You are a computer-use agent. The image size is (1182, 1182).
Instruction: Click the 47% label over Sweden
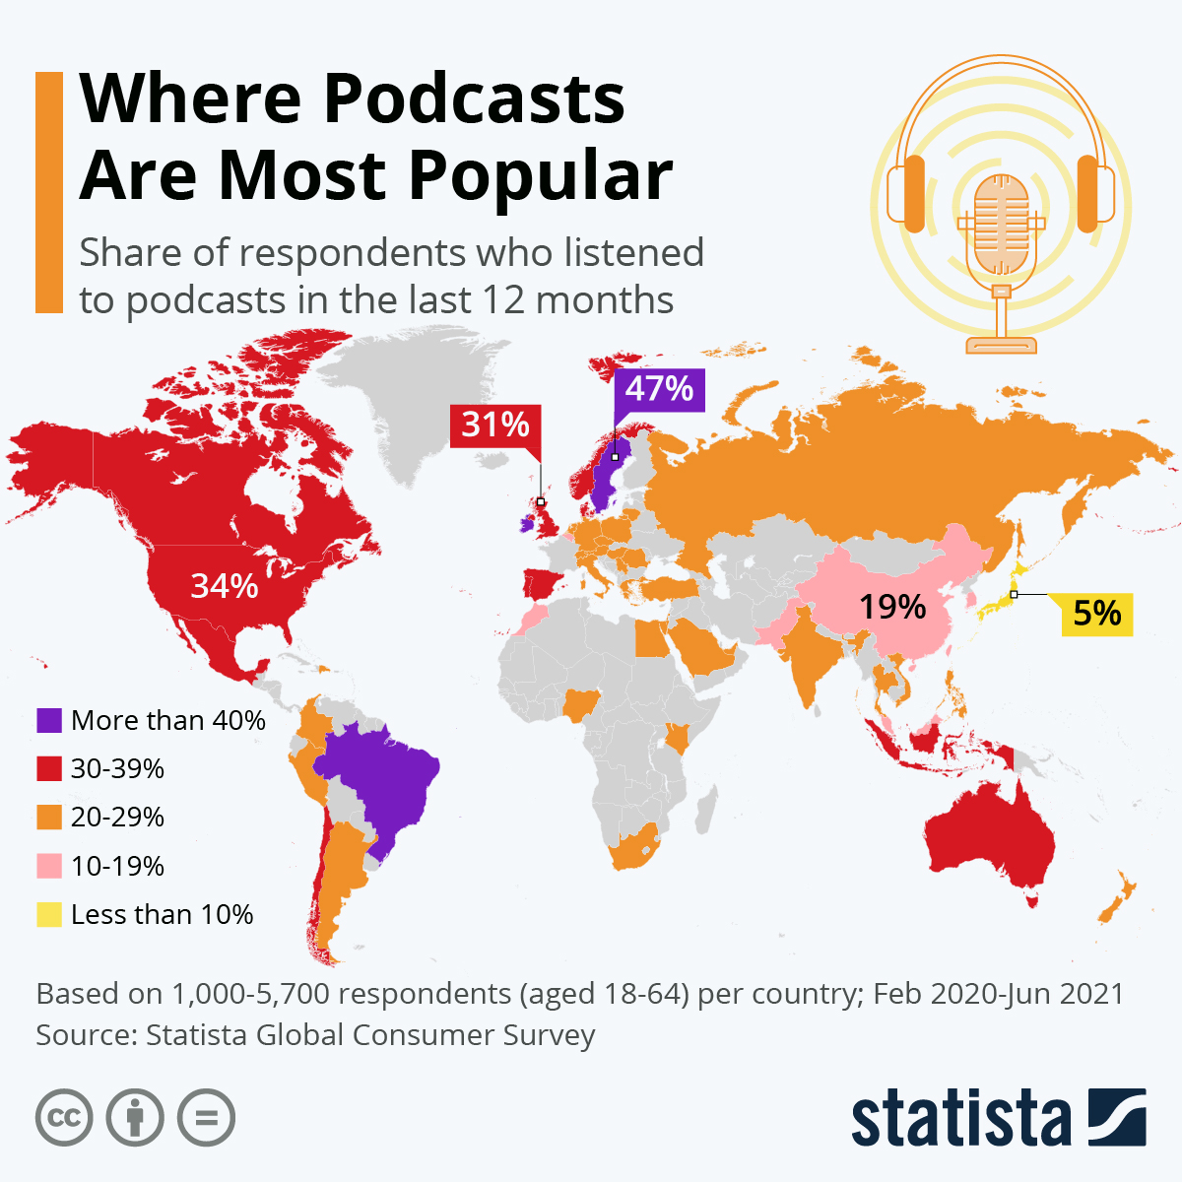click(x=659, y=389)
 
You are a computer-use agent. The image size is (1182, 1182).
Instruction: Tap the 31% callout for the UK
click(x=495, y=425)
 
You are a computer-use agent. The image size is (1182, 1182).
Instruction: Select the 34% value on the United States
click(x=225, y=586)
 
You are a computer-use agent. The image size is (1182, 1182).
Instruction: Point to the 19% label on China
click(x=891, y=607)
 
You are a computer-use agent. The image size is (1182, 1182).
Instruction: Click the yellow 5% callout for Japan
click(x=1096, y=614)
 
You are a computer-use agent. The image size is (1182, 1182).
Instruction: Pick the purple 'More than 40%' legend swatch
click(x=49, y=720)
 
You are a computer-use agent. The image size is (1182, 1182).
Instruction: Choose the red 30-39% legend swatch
click(x=49, y=768)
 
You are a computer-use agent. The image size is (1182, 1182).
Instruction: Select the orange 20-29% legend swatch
click(x=49, y=817)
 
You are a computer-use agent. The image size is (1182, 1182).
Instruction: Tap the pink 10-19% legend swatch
click(x=49, y=866)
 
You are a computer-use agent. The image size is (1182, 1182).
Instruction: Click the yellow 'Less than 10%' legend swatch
click(x=49, y=914)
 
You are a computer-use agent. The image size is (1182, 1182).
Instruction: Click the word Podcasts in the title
click(x=474, y=99)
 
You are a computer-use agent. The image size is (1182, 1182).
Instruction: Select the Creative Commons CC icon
click(x=64, y=1118)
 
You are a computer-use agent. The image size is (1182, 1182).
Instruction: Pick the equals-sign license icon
click(x=206, y=1118)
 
